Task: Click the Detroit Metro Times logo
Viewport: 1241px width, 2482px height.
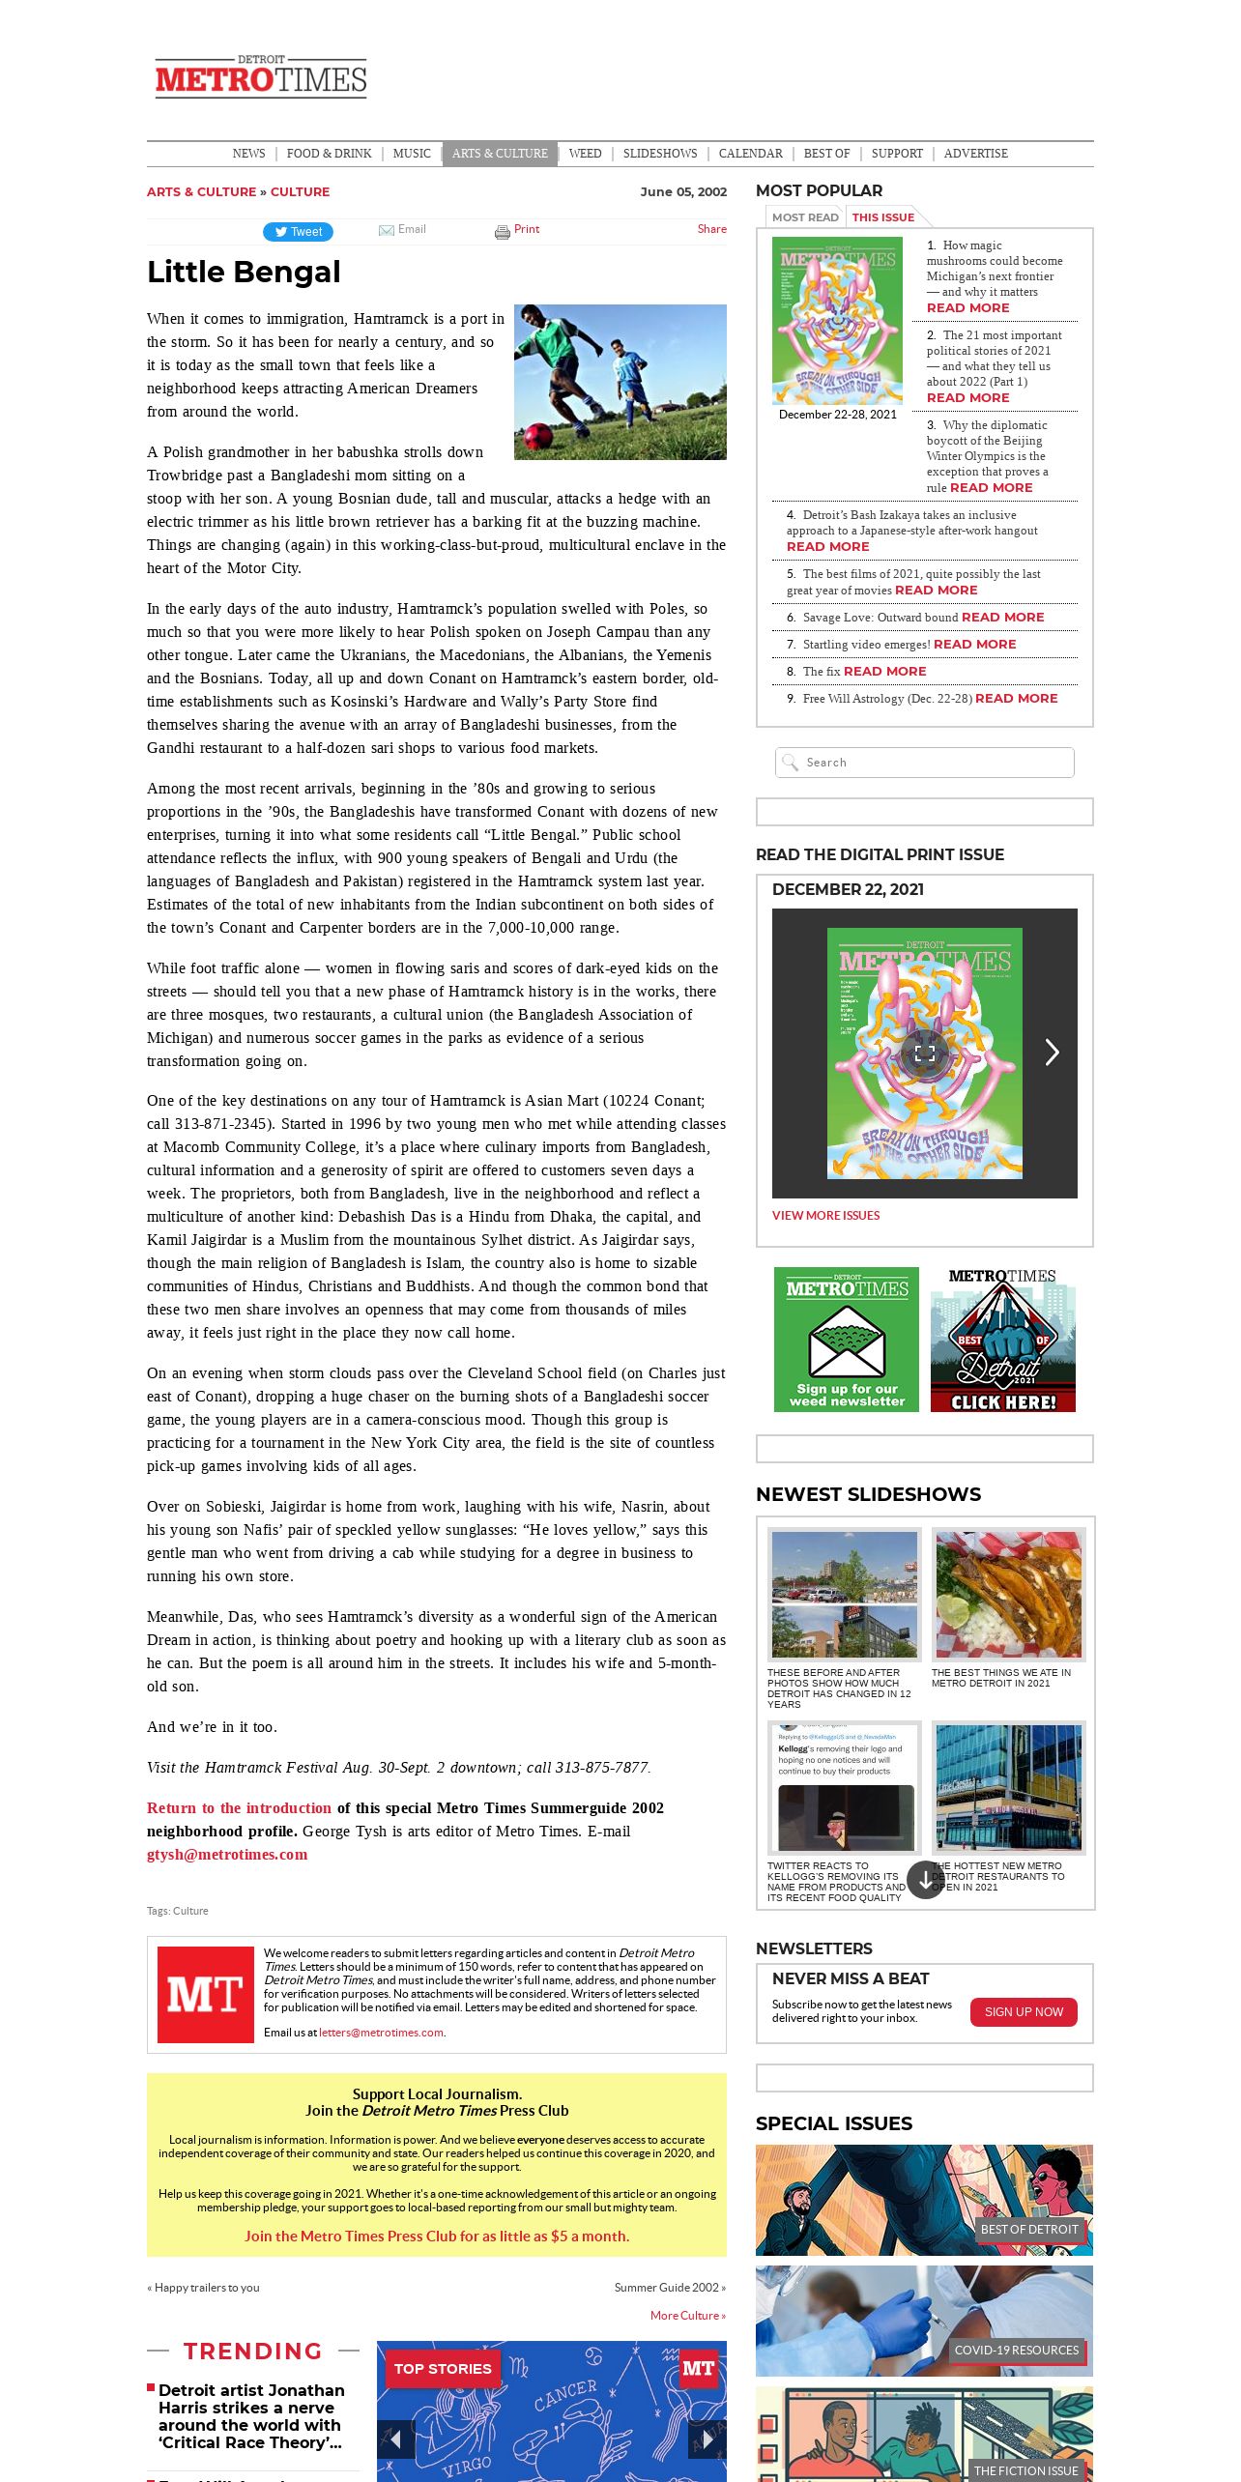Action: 261,76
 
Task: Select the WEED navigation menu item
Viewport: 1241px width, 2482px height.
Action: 585,154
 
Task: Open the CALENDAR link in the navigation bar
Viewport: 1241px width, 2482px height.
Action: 750,154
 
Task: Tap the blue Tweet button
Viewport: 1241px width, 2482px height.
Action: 298,232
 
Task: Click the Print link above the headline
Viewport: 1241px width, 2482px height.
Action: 526,229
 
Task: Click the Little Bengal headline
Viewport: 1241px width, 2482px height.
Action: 244,273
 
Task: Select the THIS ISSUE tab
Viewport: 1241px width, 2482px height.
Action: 882,217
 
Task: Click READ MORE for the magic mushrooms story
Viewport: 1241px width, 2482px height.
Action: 967,307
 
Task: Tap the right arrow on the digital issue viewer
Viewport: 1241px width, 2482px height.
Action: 1052,1053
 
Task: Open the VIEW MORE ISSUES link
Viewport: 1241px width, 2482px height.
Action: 825,1216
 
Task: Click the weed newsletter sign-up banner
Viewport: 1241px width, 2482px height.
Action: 846,1340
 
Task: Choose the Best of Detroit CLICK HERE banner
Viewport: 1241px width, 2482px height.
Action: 1002,1340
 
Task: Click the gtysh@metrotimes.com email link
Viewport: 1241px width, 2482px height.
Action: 227,1855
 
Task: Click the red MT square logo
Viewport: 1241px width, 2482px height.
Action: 205,1994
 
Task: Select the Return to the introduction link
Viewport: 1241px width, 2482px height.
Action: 239,1808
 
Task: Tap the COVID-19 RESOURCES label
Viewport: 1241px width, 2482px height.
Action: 1016,2351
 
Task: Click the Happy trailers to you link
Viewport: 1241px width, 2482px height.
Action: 205,2288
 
